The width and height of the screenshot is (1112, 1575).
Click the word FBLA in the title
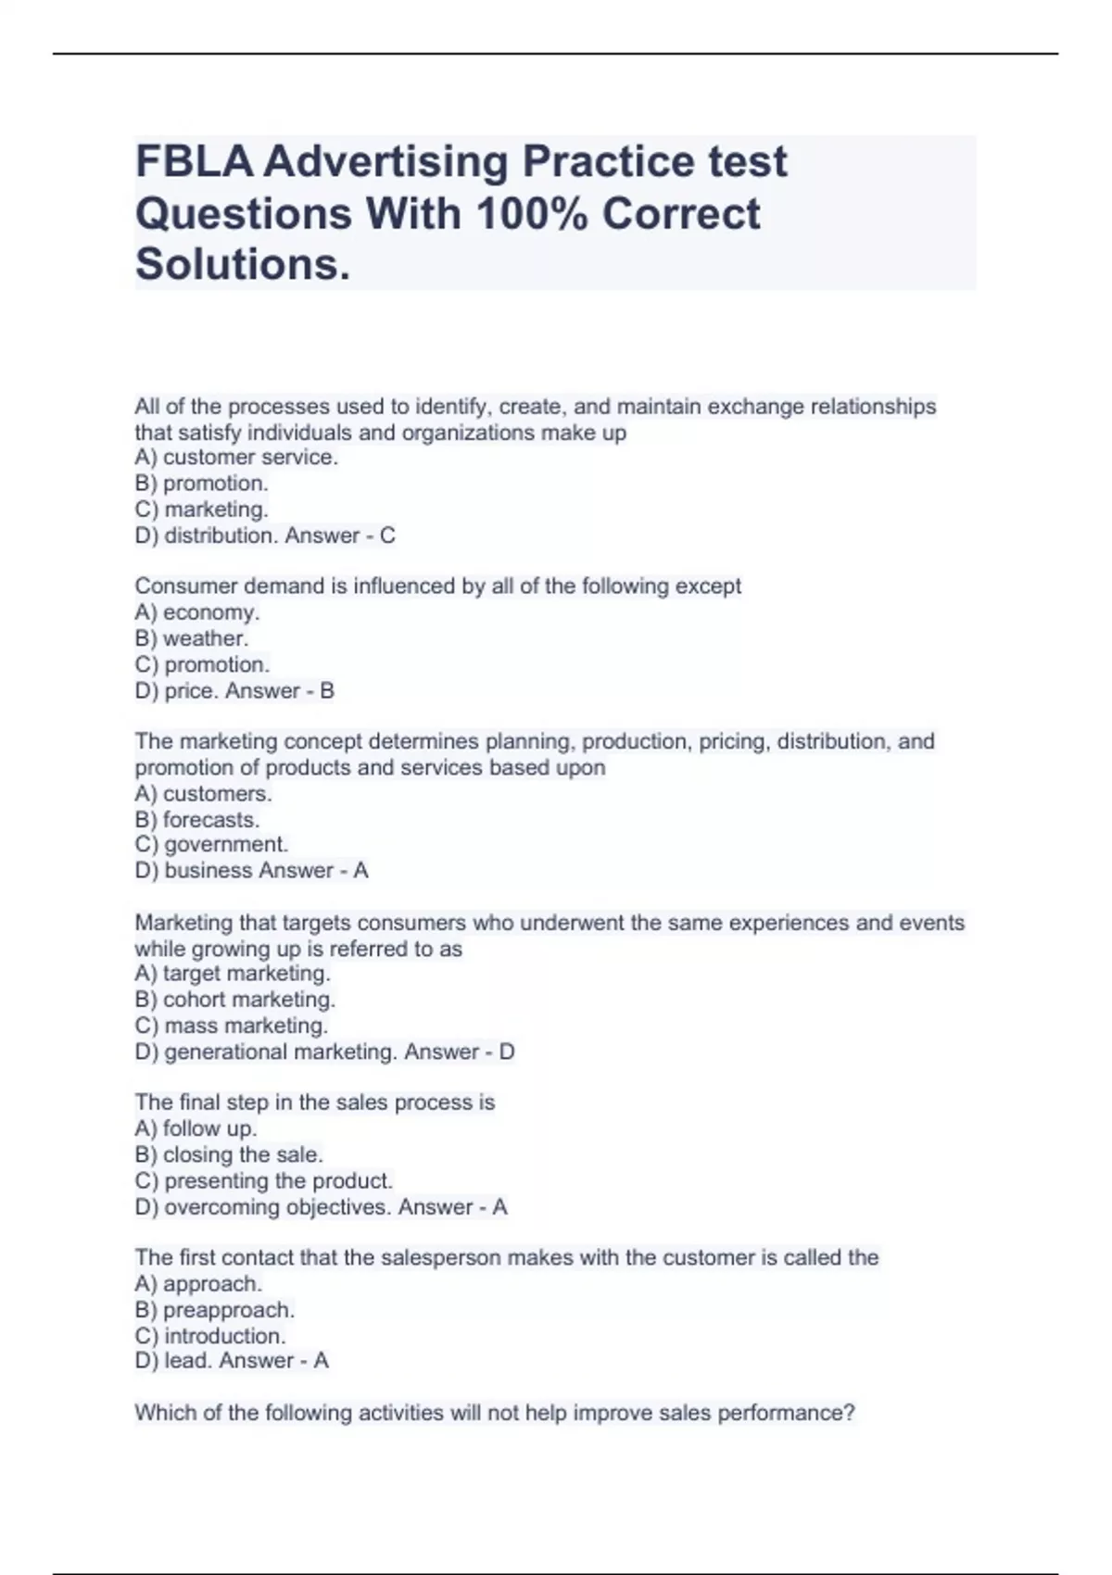pyautogui.click(x=194, y=162)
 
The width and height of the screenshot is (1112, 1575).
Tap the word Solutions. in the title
pyautogui.click(x=244, y=265)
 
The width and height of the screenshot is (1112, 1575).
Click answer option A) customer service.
pyautogui.click(x=236, y=458)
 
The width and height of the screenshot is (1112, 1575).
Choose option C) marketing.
pyautogui.click(x=201, y=510)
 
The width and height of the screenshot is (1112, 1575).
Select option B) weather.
pyautogui.click(x=192, y=638)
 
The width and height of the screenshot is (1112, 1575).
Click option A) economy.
pyautogui.click(x=196, y=612)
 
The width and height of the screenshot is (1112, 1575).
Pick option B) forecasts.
pyautogui.click(x=196, y=820)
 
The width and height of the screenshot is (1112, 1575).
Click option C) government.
pyautogui.click(x=211, y=845)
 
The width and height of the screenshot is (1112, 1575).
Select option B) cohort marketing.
pyautogui.click(x=234, y=1000)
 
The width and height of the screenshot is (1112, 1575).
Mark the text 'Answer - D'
pyautogui.click(x=460, y=1052)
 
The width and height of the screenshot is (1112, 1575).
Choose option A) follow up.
pyautogui.click(x=196, y=1128)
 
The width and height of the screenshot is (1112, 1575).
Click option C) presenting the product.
pyautogui.click(x=264, y=1181)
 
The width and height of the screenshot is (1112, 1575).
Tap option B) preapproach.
pyautogui.click(x=214, y=1310)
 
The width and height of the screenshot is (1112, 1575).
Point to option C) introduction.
pyautogui.click(x=210, y=1336)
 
